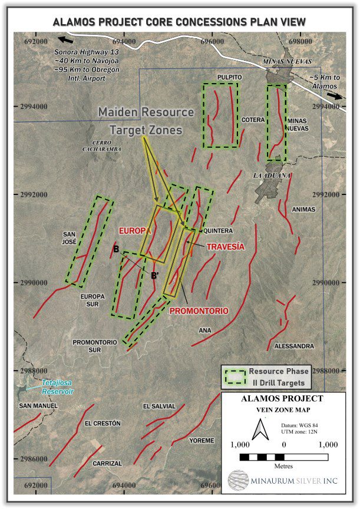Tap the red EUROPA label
(135, 231)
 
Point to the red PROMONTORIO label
(198, 310)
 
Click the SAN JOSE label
(70, 237)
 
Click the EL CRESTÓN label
(103, 423)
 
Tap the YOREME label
(202, 440)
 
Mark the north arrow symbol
(257, 431)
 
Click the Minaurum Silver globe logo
(238, 480)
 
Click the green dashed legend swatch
(234, 377)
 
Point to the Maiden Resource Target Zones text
(146, 120)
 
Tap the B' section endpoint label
(155, 275)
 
